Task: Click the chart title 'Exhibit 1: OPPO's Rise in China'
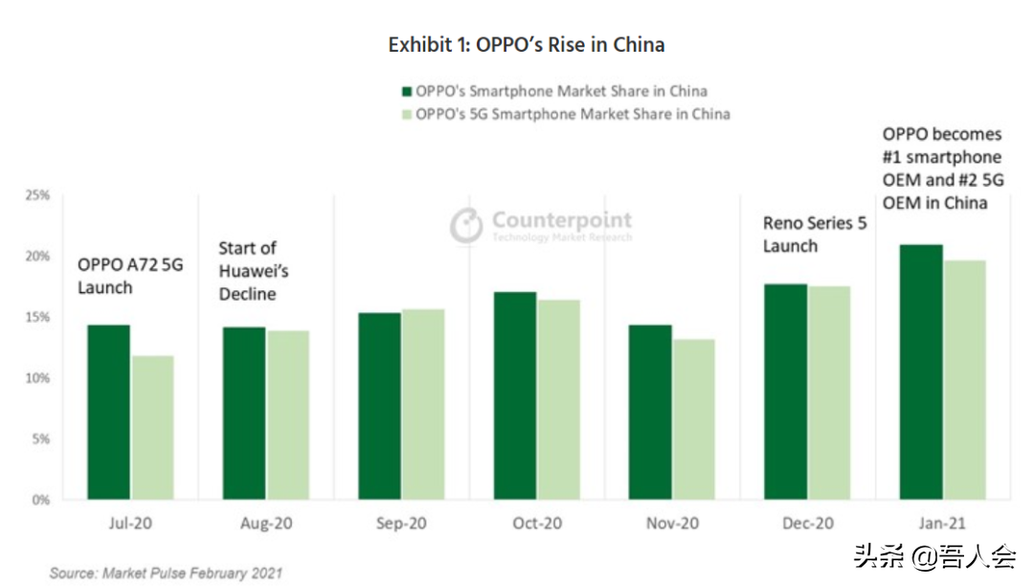526,45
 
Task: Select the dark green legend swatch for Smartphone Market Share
406,92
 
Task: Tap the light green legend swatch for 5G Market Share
406,114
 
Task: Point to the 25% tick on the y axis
37,195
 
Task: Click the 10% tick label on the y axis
37,378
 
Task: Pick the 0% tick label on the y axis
40,500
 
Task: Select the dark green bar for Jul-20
108,413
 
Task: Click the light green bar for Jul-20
152,428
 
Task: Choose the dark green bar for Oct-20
514,395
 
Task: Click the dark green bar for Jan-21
921,373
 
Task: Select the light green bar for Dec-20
828,393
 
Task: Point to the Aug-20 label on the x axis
265,524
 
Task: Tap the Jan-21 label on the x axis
943,524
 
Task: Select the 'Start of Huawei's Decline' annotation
254,271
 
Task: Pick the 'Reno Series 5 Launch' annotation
814,235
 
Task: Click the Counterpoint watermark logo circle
466,225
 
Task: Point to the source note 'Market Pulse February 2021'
167,573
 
